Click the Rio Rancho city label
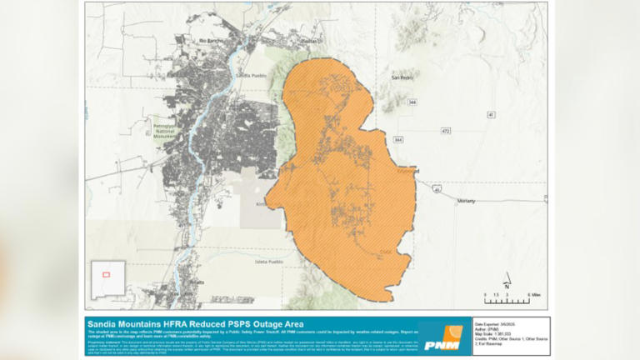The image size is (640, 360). coord(207,40)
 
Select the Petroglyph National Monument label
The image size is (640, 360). coord(168,130)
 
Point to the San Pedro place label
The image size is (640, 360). coord(402,77)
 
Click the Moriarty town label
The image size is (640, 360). coord(467,201)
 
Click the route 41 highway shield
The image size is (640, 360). coord(491,113)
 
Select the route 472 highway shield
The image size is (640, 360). coord(446,131)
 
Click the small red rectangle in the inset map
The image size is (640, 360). coord(106,274)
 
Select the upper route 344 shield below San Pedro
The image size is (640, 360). coord(412,102)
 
